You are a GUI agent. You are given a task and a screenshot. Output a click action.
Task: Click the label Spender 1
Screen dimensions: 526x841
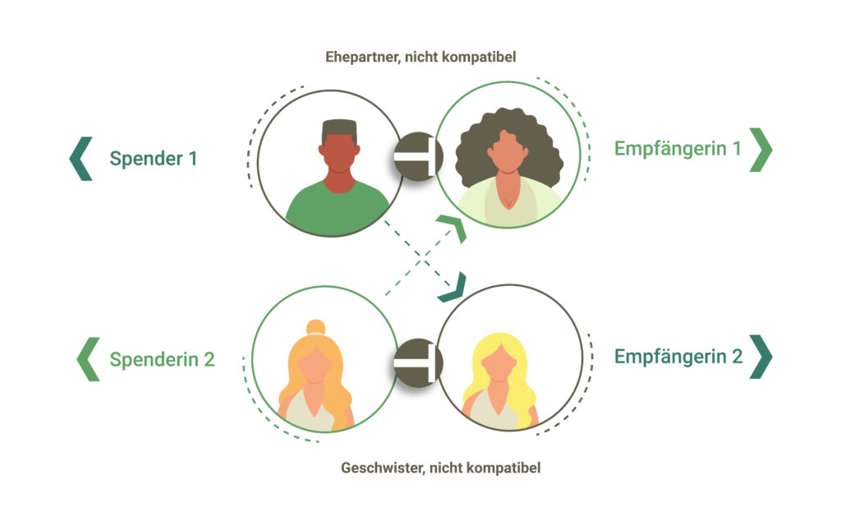pyautogui.click(x=154, y=158)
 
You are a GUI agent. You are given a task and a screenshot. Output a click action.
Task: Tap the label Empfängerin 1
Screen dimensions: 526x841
pyautogui.click(x=678, y=149)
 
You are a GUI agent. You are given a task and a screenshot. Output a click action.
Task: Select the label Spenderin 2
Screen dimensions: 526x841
pyautogui.click(x=162, y=359)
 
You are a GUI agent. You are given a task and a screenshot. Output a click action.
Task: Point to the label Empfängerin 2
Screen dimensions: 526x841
pyautogui.click(x=678, y=357)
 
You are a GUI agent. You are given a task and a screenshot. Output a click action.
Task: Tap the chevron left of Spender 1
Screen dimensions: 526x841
pyautogui.click(x=80, y=158)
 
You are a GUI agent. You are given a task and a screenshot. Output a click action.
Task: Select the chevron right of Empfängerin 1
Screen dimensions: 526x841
pyautogui.click(x=761, y=150)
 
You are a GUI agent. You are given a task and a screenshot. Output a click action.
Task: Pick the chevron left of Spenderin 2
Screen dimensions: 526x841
pyautogui.click(x=87, y=359)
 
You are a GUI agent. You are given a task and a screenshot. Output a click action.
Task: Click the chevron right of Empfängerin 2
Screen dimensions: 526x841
pyautogui.click(x=761, y=357)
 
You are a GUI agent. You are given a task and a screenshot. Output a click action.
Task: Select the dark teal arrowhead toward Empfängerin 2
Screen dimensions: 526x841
pyautogui.click(x=453, y=287)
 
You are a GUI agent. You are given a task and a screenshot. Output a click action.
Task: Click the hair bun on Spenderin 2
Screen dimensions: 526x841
pyautogui.click(x=315, y=327)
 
